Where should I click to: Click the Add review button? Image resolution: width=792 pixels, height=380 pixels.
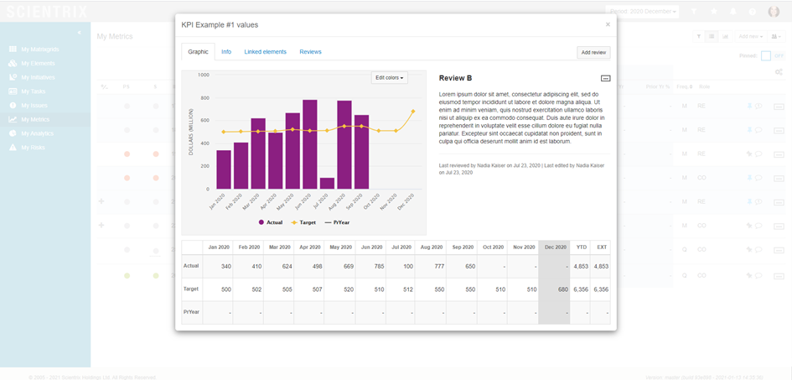[x=593, y=52]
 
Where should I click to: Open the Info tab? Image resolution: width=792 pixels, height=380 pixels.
[x=226, y=52]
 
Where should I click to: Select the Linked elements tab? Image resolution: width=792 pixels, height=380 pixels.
[x=265, y=52]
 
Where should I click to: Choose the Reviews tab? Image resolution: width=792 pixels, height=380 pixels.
[x=310, y=52]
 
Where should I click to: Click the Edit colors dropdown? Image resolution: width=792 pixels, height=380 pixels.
[x=390, y=78]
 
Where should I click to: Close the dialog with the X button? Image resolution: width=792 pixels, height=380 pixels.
[x=608, y=25]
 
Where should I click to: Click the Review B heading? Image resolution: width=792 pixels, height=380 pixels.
[x=455, y=78]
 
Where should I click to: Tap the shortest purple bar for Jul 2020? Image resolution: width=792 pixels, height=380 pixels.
[x=327, y=183]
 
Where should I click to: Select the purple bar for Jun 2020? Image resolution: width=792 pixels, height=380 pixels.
[x=310, y=144]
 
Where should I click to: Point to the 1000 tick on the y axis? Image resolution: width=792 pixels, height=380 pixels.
[x=203, y=75]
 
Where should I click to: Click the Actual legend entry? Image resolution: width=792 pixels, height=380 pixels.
[x=272, y=222]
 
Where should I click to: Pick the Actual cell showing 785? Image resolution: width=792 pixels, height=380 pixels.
[x=370, y=266]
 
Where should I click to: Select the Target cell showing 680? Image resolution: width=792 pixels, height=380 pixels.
[x=554, y=289]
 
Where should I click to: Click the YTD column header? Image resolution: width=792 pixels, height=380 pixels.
[x=581, y=247]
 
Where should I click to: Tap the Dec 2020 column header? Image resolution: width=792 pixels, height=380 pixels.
[x=554, y=247]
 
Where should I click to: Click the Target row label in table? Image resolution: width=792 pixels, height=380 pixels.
[x=191, y=289]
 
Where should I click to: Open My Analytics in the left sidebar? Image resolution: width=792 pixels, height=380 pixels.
[x=37, y=133]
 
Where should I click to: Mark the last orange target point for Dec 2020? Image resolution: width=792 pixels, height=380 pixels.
[x=412, y=112]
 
